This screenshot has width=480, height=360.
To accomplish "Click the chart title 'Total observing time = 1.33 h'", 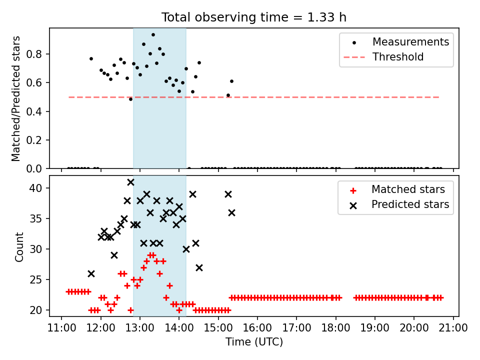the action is [x=254, y=17].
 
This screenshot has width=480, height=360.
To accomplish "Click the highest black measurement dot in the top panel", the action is [x=153, y=35].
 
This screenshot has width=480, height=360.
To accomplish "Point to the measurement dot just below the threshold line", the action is [x=130, y=99].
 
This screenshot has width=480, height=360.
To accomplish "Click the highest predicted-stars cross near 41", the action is [x=130, y=182].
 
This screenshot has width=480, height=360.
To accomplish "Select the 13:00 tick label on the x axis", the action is [x=140, y=328].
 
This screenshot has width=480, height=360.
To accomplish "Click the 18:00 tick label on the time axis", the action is [x=336, y=328].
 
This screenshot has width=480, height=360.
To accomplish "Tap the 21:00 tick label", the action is [x=453, y=328].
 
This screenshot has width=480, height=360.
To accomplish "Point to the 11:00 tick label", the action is [x=61, y=328].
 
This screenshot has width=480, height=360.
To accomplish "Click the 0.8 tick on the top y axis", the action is [x=34, y=54].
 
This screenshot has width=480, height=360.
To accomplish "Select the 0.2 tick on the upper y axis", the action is [x=34, y=140].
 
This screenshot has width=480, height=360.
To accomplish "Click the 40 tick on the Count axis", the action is [x=35, y=188].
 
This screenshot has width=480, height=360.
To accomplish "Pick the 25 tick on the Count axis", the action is [x=35, y=279].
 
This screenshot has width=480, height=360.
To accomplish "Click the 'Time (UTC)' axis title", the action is [x=254, y=341].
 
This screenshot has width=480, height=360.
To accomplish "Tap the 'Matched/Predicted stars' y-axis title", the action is [x=15, y=98].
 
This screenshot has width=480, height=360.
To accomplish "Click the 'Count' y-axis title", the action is [x=19, y=246].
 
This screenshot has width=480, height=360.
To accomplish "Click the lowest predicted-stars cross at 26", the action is [x=91, y=273].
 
